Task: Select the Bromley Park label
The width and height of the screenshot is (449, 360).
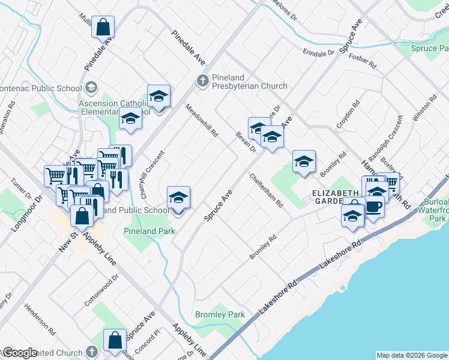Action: coord(220,314)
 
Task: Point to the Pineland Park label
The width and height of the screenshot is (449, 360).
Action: coord(149,231)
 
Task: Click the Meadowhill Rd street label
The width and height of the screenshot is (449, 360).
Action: coord(201,121)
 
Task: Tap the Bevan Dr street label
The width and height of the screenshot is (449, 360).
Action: coord(246,142)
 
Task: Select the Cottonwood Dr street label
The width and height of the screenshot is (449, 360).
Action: coord(101,290)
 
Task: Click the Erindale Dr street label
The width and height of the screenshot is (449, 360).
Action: coord(318,53)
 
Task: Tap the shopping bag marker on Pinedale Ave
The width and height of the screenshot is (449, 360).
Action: coord(103,28)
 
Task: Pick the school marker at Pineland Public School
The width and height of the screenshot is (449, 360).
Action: coord(178,198)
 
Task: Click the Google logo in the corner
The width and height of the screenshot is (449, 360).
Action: coord(20,353)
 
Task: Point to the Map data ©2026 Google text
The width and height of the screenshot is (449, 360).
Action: coord(412,355)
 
